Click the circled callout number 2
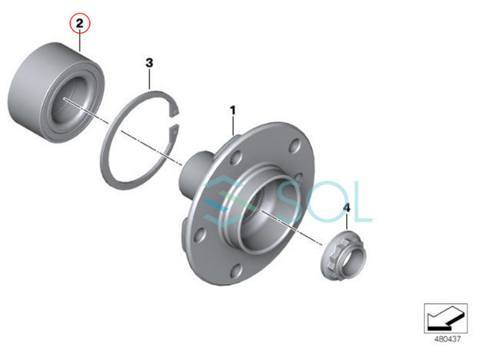click(x=79, y=23)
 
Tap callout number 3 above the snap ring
click(x=149, y=62)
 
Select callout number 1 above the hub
click(x=234, y=110)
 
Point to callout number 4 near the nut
click(x=346, y=208)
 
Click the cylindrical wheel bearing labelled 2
click(x=56, y=93)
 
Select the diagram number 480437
click(x=447, y=339)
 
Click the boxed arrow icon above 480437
click(x=446, y=318)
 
